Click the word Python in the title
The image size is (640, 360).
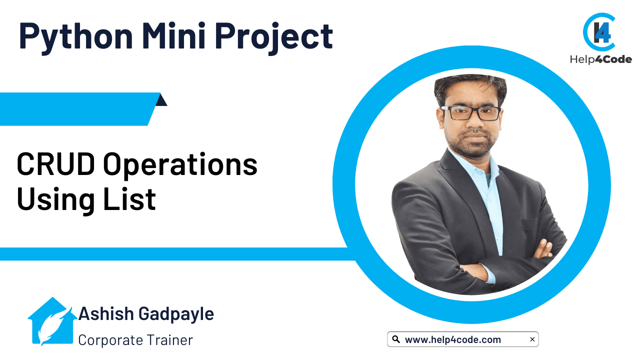pos(76,37)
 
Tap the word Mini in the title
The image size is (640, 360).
pos(173,35)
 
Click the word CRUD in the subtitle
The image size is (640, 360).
pos(55,164)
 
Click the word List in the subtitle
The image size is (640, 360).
pos(129,198)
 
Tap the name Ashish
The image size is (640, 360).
pos(106,313)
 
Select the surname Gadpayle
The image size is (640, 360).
pos(176,315)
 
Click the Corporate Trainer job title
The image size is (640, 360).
pos(135,340)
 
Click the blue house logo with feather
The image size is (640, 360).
pos(52,321)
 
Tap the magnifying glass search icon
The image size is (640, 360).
pos(395,339)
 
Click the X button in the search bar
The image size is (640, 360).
pos(532,339)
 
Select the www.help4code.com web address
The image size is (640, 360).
pos(453,339)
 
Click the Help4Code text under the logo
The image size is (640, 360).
pos(600,59)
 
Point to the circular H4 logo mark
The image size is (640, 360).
pos(599,32)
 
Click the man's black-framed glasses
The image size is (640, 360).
pos(471,113)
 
